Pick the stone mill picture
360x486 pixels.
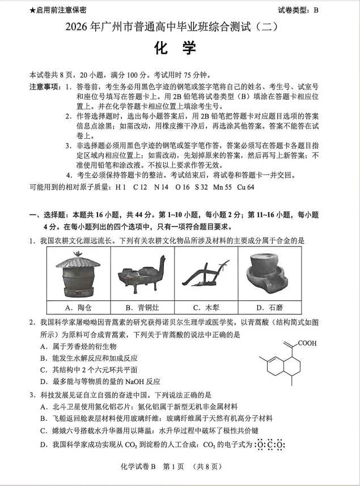266,275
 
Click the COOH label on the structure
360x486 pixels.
307,343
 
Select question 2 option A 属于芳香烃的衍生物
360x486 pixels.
78,346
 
